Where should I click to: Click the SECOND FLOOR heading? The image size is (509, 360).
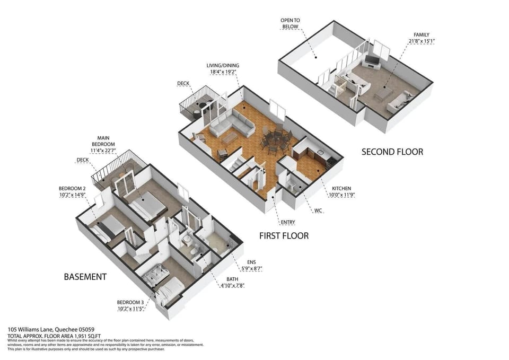click(392, 152)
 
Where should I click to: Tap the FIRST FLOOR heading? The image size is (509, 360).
click(284, 235)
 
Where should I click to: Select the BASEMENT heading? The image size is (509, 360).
click(85, 277)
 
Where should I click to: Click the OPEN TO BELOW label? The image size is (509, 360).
click(290, 23)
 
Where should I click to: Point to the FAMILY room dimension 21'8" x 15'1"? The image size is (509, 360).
click(422, 41)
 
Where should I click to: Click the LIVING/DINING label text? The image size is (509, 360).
click(222, 66)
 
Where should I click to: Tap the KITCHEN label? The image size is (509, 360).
click(341, 188)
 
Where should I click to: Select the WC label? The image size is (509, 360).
click(318, 210)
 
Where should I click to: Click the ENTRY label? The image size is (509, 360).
click(288, 222)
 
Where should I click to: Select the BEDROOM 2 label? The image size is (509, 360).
click(72, 188)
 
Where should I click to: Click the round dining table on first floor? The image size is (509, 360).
click(275, 140)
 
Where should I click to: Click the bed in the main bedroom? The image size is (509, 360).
click(147, 204)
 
